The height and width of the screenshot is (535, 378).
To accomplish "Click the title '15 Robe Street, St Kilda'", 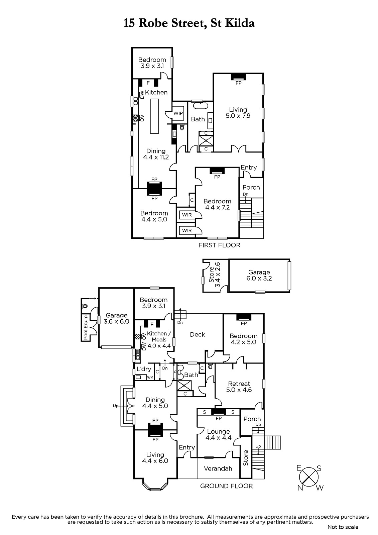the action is tap(189, 23).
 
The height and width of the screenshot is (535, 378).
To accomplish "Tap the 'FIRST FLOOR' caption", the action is tap(219, 245).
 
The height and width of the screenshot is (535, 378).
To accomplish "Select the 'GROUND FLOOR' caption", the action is tap(226, 486).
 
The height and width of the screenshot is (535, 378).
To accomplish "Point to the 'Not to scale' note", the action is tap(343, 527).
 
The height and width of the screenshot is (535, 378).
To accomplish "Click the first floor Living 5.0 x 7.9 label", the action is tap(238, 113).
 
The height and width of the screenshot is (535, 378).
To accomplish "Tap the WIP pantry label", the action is tap(178, 113).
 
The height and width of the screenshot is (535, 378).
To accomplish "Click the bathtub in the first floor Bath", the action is tap(200, 106).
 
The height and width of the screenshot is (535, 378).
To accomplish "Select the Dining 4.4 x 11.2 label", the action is tap(156, 154).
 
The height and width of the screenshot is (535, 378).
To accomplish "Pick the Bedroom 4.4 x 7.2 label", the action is tap(217, 204).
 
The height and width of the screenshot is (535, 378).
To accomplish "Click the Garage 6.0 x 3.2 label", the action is tap(259, 275).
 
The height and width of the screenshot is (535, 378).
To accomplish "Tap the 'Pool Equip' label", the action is tap(86, 327).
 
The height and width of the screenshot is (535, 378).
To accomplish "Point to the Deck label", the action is tap(198, 335).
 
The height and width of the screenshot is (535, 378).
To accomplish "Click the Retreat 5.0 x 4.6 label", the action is tap(239, 387).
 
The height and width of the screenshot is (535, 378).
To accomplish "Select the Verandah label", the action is tap(218, 468).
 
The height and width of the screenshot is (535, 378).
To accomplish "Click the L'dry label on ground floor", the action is tap(144, 369).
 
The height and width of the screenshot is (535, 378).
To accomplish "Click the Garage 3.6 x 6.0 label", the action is tap(117, 318).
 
